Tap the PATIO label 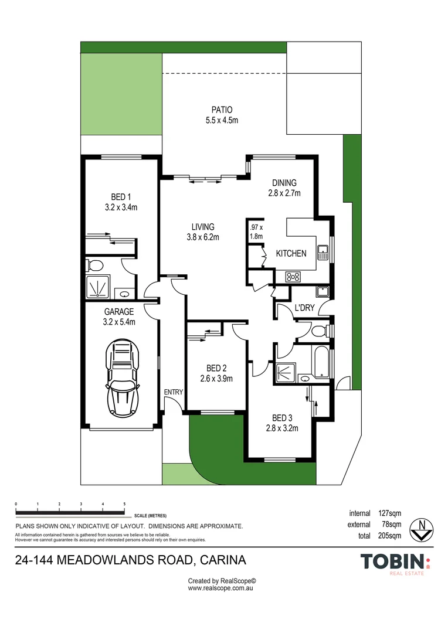click(222, 110)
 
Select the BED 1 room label click(121, 197)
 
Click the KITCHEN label click(291, 253)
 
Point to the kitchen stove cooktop click(293, 277)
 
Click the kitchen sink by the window click(323, 253)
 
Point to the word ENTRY click(174, 392)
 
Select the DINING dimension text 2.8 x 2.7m click(284, 193)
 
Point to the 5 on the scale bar click(124, 504)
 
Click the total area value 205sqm click(389, 536)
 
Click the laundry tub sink click(322, 291)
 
